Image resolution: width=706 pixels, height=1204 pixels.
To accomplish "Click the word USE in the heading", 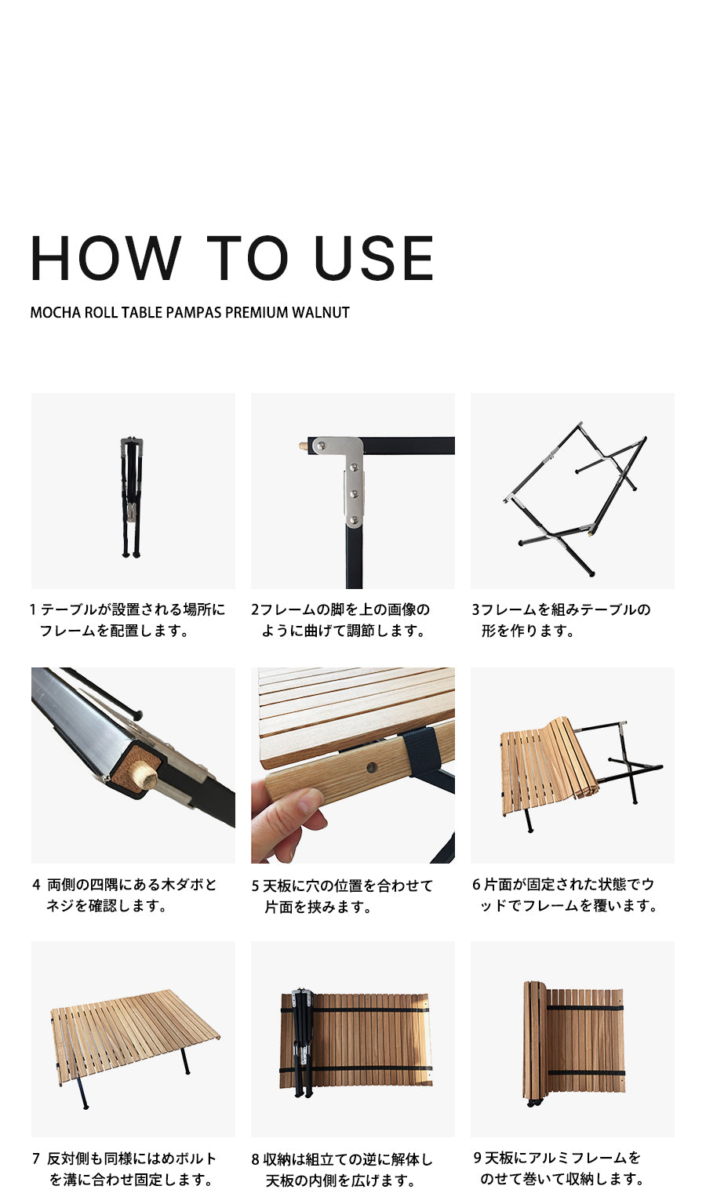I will click(x=373, y=258).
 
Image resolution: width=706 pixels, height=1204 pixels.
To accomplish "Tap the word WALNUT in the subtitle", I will click(x=320, y=312).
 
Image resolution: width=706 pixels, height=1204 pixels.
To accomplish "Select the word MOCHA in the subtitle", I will click(x=55, y=312).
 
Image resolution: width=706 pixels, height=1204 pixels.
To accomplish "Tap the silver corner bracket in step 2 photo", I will click(x=348, y=471).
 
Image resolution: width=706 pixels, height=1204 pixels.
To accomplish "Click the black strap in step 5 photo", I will click(x=417, y=748).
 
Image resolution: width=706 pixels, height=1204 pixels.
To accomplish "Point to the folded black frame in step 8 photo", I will click(x=300, y=1039).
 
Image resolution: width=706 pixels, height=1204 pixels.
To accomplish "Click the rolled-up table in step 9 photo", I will click(x=573, y=1039).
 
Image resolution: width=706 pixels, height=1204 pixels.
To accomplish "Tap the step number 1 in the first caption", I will click(x=33, y=609).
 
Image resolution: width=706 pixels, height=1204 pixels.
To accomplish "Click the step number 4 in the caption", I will click(x=36, y=885).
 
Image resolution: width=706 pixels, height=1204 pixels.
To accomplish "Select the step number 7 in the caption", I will click(x=36, y=1159).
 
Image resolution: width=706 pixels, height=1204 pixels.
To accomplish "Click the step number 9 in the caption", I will click(x=478, y=1158).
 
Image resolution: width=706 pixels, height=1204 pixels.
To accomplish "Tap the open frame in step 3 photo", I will click(x=577, y=494).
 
